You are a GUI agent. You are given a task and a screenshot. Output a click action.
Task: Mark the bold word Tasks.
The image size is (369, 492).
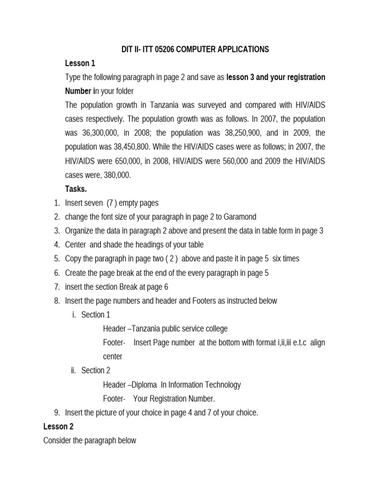[x=76, y=189]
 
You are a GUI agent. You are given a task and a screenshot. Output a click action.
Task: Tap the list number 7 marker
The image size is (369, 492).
[x=57, y=287]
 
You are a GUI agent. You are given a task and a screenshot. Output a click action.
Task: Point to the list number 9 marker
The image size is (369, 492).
[x=57, y=412]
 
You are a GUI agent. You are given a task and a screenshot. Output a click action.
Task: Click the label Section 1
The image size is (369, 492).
[x=96, y=315]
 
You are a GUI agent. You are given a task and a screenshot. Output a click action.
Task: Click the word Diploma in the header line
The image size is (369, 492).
[x=145, y=384]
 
